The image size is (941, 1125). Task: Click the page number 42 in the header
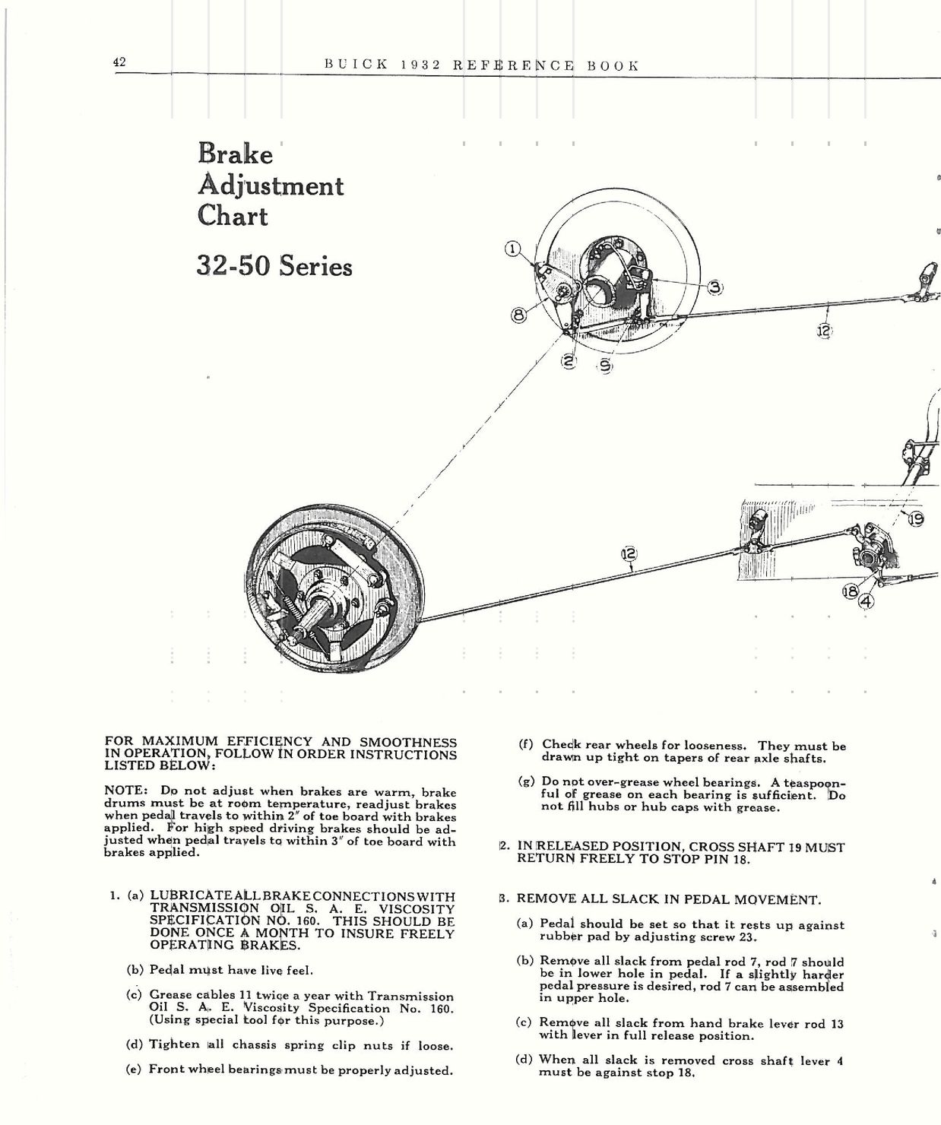pyautogui.click(x=119, y=63)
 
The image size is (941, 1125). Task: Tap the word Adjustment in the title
pyautogui.click(x=271, y=185)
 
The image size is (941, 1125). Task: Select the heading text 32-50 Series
pyautogui.click(x=274, y=266)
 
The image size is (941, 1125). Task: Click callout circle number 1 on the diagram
pyautogui.click(x=513, y=249)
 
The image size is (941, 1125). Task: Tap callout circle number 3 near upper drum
pyautogui.click(x=715, y=287)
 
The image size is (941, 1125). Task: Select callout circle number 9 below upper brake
pyautogui.click(x=606, y=366)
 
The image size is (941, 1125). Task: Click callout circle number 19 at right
pyautogui.click(x=915, y=519)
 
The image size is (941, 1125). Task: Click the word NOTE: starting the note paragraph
pyautogui.click(x=125, y=791)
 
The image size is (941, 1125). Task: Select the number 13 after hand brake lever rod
pyautogui.click(x=836, y=1023)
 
